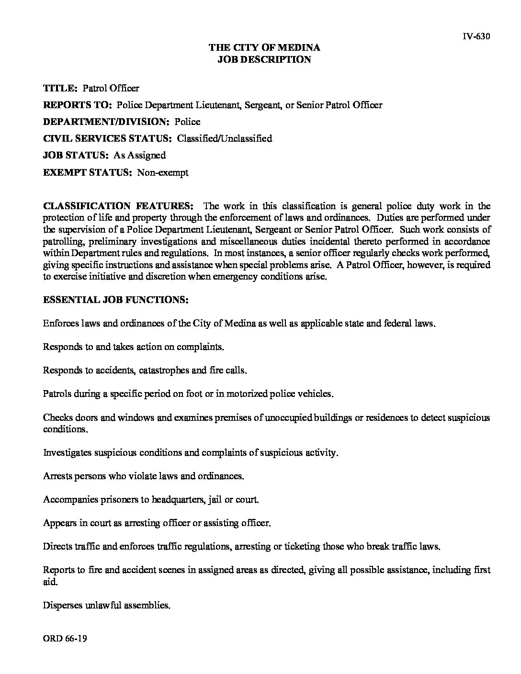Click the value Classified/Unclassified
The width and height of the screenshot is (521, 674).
[225, 138]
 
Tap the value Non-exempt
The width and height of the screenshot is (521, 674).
[163, 172]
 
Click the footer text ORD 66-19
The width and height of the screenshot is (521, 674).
[65, 639]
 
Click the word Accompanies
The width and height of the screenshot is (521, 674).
[71, 500]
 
